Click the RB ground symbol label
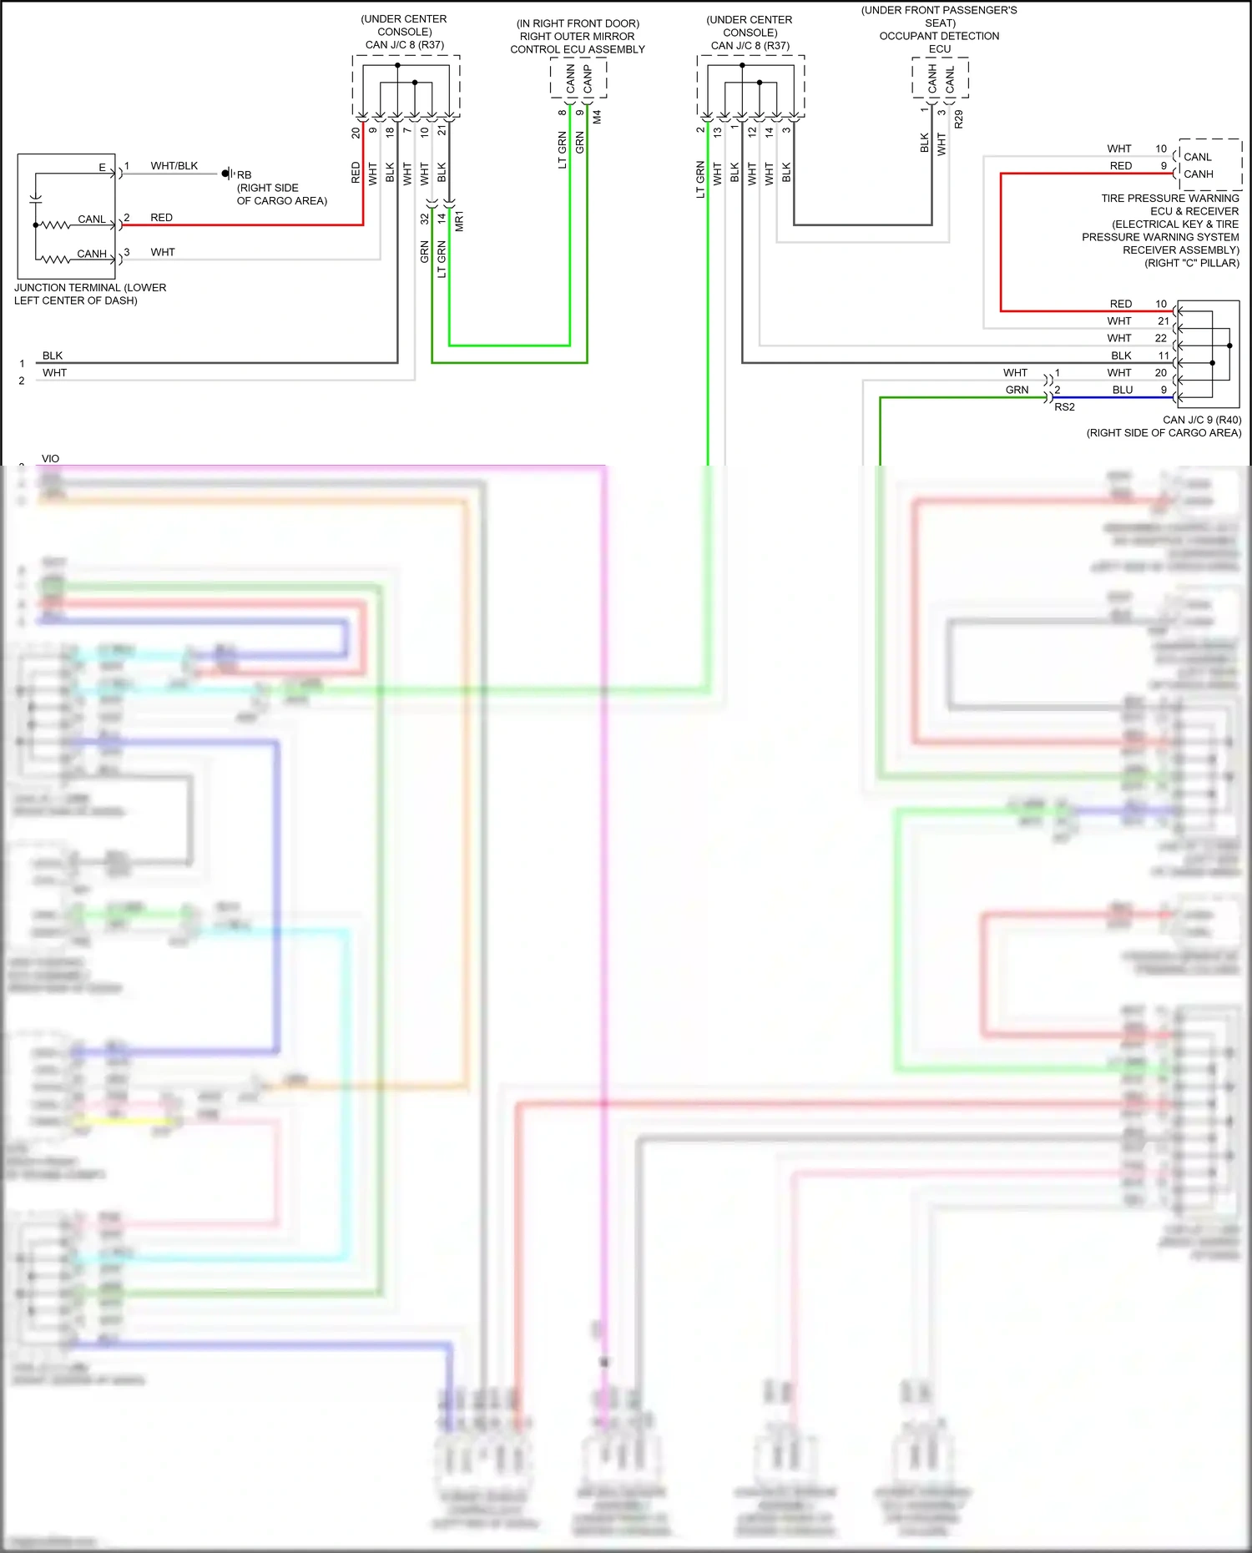[244, 175]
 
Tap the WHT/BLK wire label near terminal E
[174, 166]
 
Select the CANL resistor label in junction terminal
[92, 219]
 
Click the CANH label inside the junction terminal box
[92, 254]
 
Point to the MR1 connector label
[459, 221]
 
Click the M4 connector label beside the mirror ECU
[597, 118]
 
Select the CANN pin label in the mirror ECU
[571, 80]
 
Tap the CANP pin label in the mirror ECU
[588, 80]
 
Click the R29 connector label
[959, 119]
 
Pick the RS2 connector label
[1064, 407]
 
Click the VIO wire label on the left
[50, 459]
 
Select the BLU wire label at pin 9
[1123, 390]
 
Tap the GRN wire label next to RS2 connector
[1017, 390]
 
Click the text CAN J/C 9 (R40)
[1202, 420]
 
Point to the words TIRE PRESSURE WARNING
[1169, 199]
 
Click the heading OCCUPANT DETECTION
[939, 36]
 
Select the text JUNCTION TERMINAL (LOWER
[90, 288]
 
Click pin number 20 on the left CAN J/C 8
[356, 132]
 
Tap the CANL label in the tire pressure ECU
[1197, 157]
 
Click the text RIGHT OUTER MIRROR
[577, 37]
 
